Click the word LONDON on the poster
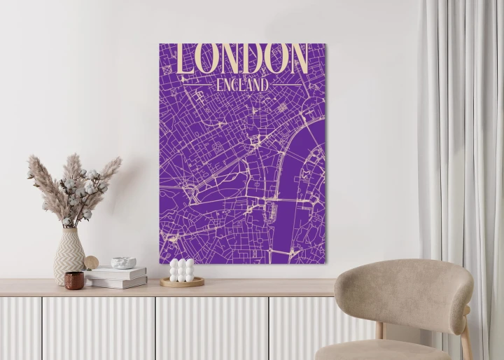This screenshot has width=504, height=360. [242, 59]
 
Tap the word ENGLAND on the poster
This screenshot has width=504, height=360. [242, 85]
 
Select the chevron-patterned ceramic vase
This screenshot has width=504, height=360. [69, 256]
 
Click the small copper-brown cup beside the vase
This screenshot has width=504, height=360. [74, 280]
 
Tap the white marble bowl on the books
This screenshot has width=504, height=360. [123, 263]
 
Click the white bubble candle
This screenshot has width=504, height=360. [182, 270]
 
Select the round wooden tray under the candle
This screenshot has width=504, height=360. [182, 282]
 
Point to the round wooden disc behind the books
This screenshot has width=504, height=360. [92, 262]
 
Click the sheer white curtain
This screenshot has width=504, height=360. [462, 140]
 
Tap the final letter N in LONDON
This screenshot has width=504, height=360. [297, 59]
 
